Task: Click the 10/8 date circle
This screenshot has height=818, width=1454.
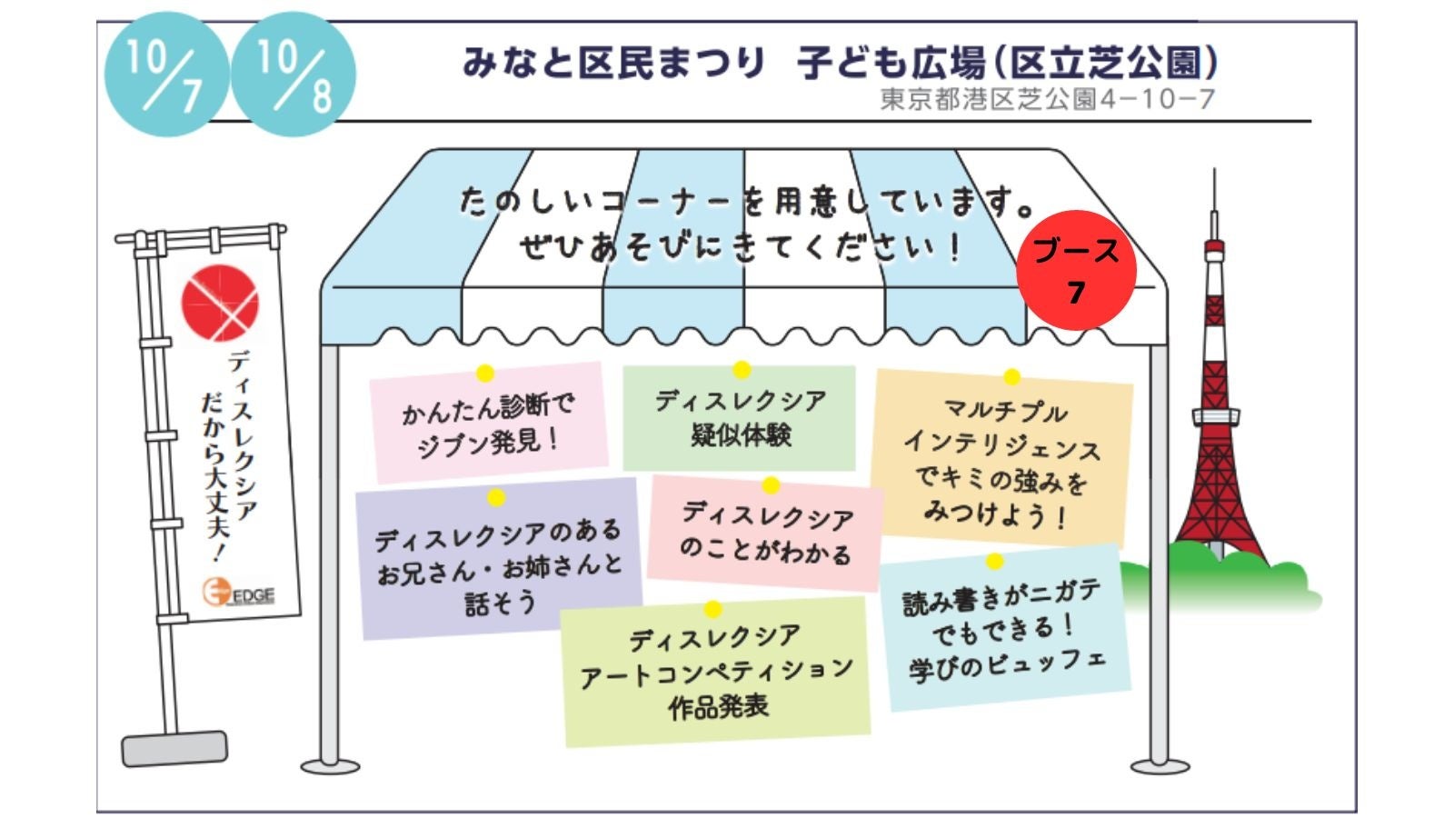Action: tap(294, 74)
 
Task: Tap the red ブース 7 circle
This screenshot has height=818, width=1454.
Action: tap(1076, 269)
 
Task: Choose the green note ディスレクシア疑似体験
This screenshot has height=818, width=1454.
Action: tap(740, 418)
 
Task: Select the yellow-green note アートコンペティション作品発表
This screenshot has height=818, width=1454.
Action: tap(716, 673)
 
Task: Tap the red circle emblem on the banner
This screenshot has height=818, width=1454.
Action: tap(220, 304)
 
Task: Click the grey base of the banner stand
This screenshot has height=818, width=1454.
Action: tap(174, 748)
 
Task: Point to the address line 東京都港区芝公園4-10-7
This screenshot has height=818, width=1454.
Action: tap(1047, 99)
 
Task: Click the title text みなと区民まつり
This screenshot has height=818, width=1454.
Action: tap(614, 63)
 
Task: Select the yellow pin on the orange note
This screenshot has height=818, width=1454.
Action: tap(1011, 377)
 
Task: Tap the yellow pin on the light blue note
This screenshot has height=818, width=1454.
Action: tap(994, 562)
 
